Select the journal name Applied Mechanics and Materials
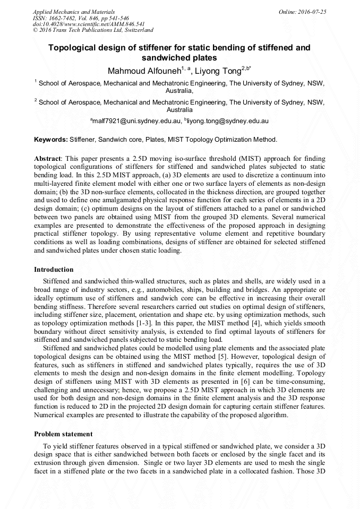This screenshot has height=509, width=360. pos(74,12)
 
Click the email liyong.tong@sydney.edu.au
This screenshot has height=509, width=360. pos(228,121)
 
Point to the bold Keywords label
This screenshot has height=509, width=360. pos(50,140)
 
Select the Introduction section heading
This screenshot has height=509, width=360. pos(54,270)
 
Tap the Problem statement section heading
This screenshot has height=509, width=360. pos(63,434)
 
